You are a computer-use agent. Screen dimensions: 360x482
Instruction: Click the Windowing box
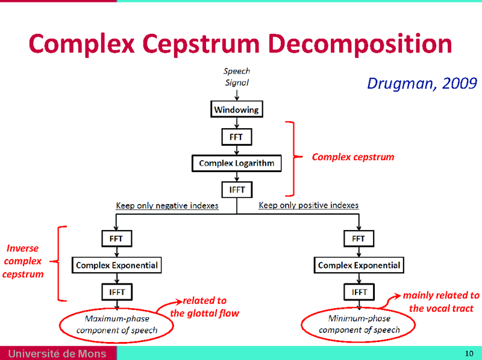(236, 110)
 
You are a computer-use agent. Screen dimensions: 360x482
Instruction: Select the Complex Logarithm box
(236, 163)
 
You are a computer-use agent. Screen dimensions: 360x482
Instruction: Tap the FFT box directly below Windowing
(236, 137)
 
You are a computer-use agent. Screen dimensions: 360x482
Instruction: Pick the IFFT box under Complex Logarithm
(236, 190)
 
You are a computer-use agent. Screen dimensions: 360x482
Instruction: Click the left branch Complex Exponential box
(116, 265)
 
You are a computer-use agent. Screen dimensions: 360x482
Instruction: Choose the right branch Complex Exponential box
(358, 265)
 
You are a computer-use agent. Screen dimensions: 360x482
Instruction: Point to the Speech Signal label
(236, 76)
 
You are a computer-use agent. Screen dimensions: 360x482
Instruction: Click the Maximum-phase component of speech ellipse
(116, 324)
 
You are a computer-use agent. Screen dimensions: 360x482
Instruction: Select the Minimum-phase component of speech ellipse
(358, 324)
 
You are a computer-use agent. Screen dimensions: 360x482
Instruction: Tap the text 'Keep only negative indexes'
(167, 206)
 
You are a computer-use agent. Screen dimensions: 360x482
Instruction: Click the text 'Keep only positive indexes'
(308, 206)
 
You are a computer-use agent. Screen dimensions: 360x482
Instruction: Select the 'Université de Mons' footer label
(57, 353)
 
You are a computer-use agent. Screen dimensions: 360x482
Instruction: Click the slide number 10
(469, 353)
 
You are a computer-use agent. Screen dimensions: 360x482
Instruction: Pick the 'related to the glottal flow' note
(205, 306)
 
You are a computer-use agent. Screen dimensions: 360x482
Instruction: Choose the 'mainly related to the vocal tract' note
(441, 302)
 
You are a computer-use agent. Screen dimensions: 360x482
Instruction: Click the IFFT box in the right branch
(358, 292)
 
